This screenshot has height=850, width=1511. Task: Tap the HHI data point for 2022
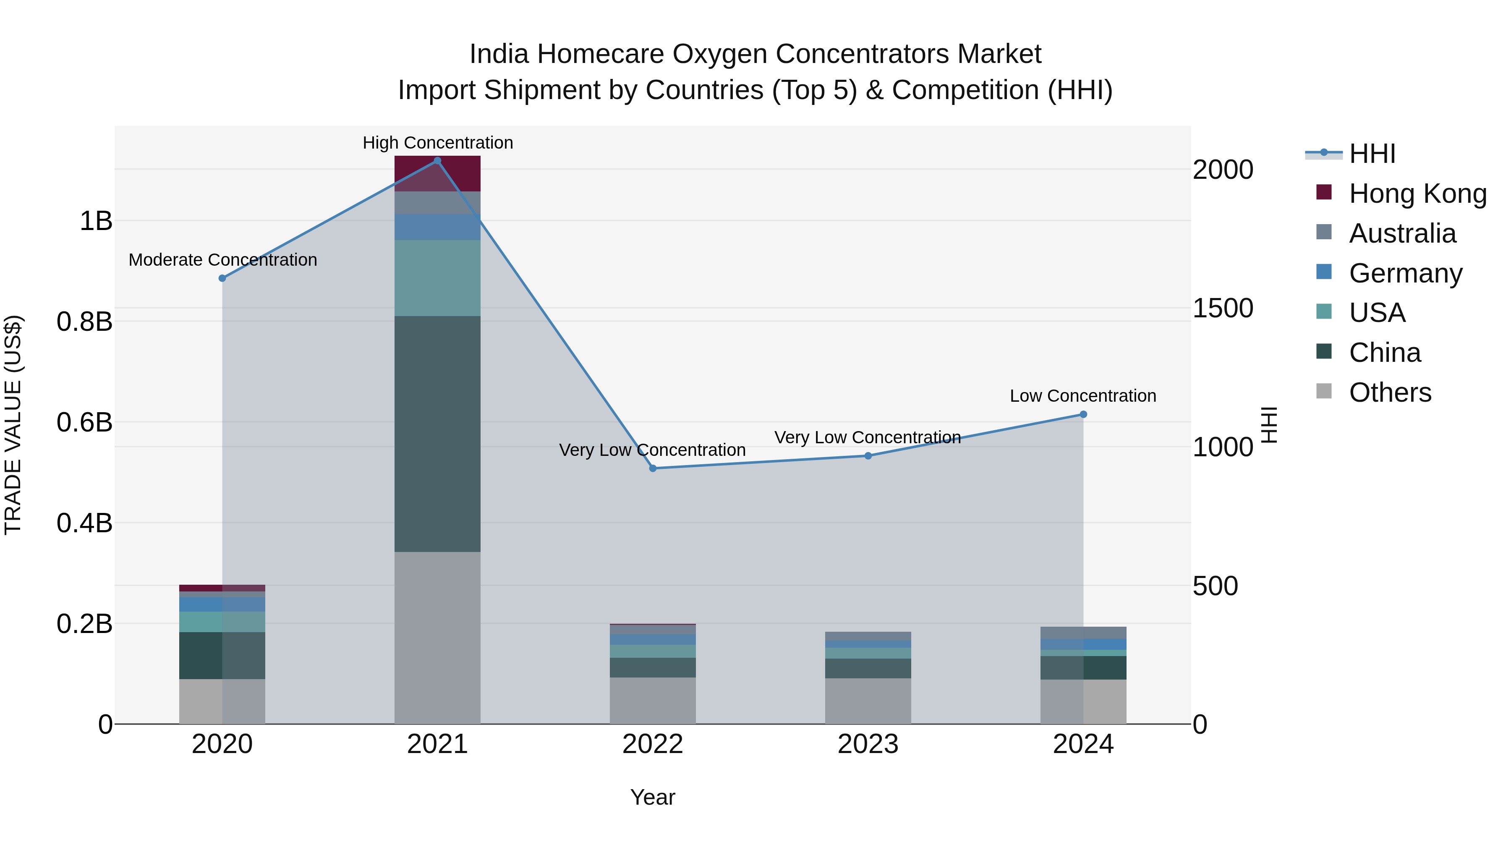pos(653,468)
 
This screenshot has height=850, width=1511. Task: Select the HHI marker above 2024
pos(1083,414)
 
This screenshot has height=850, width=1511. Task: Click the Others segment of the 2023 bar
pos(868,701)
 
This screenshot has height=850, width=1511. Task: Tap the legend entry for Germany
pos(1405,273)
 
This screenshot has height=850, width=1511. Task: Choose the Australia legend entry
pos(1402,233)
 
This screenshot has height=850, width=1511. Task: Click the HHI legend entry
pos(1371,154)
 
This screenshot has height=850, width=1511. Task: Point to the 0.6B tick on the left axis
pos(84,422)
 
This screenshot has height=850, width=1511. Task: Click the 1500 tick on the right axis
pos(1223,309)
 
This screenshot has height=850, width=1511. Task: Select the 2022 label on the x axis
pos(653,744)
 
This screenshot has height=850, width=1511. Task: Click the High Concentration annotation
pos(438,143)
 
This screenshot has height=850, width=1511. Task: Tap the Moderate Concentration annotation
pos(223,260)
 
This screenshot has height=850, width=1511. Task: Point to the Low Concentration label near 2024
pos(1083,396)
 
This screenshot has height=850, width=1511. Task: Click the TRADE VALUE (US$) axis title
pos(13,425)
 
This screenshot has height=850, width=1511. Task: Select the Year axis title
pos(653,797)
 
